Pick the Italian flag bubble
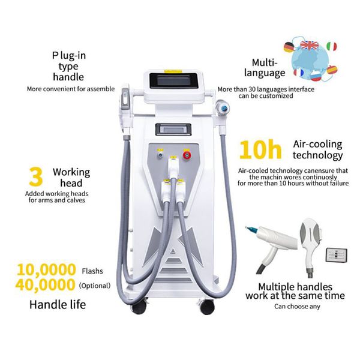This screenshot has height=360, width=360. pos(331,47)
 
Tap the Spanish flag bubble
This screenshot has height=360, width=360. pos(332,70)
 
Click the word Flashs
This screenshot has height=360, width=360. pos(94,271)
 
